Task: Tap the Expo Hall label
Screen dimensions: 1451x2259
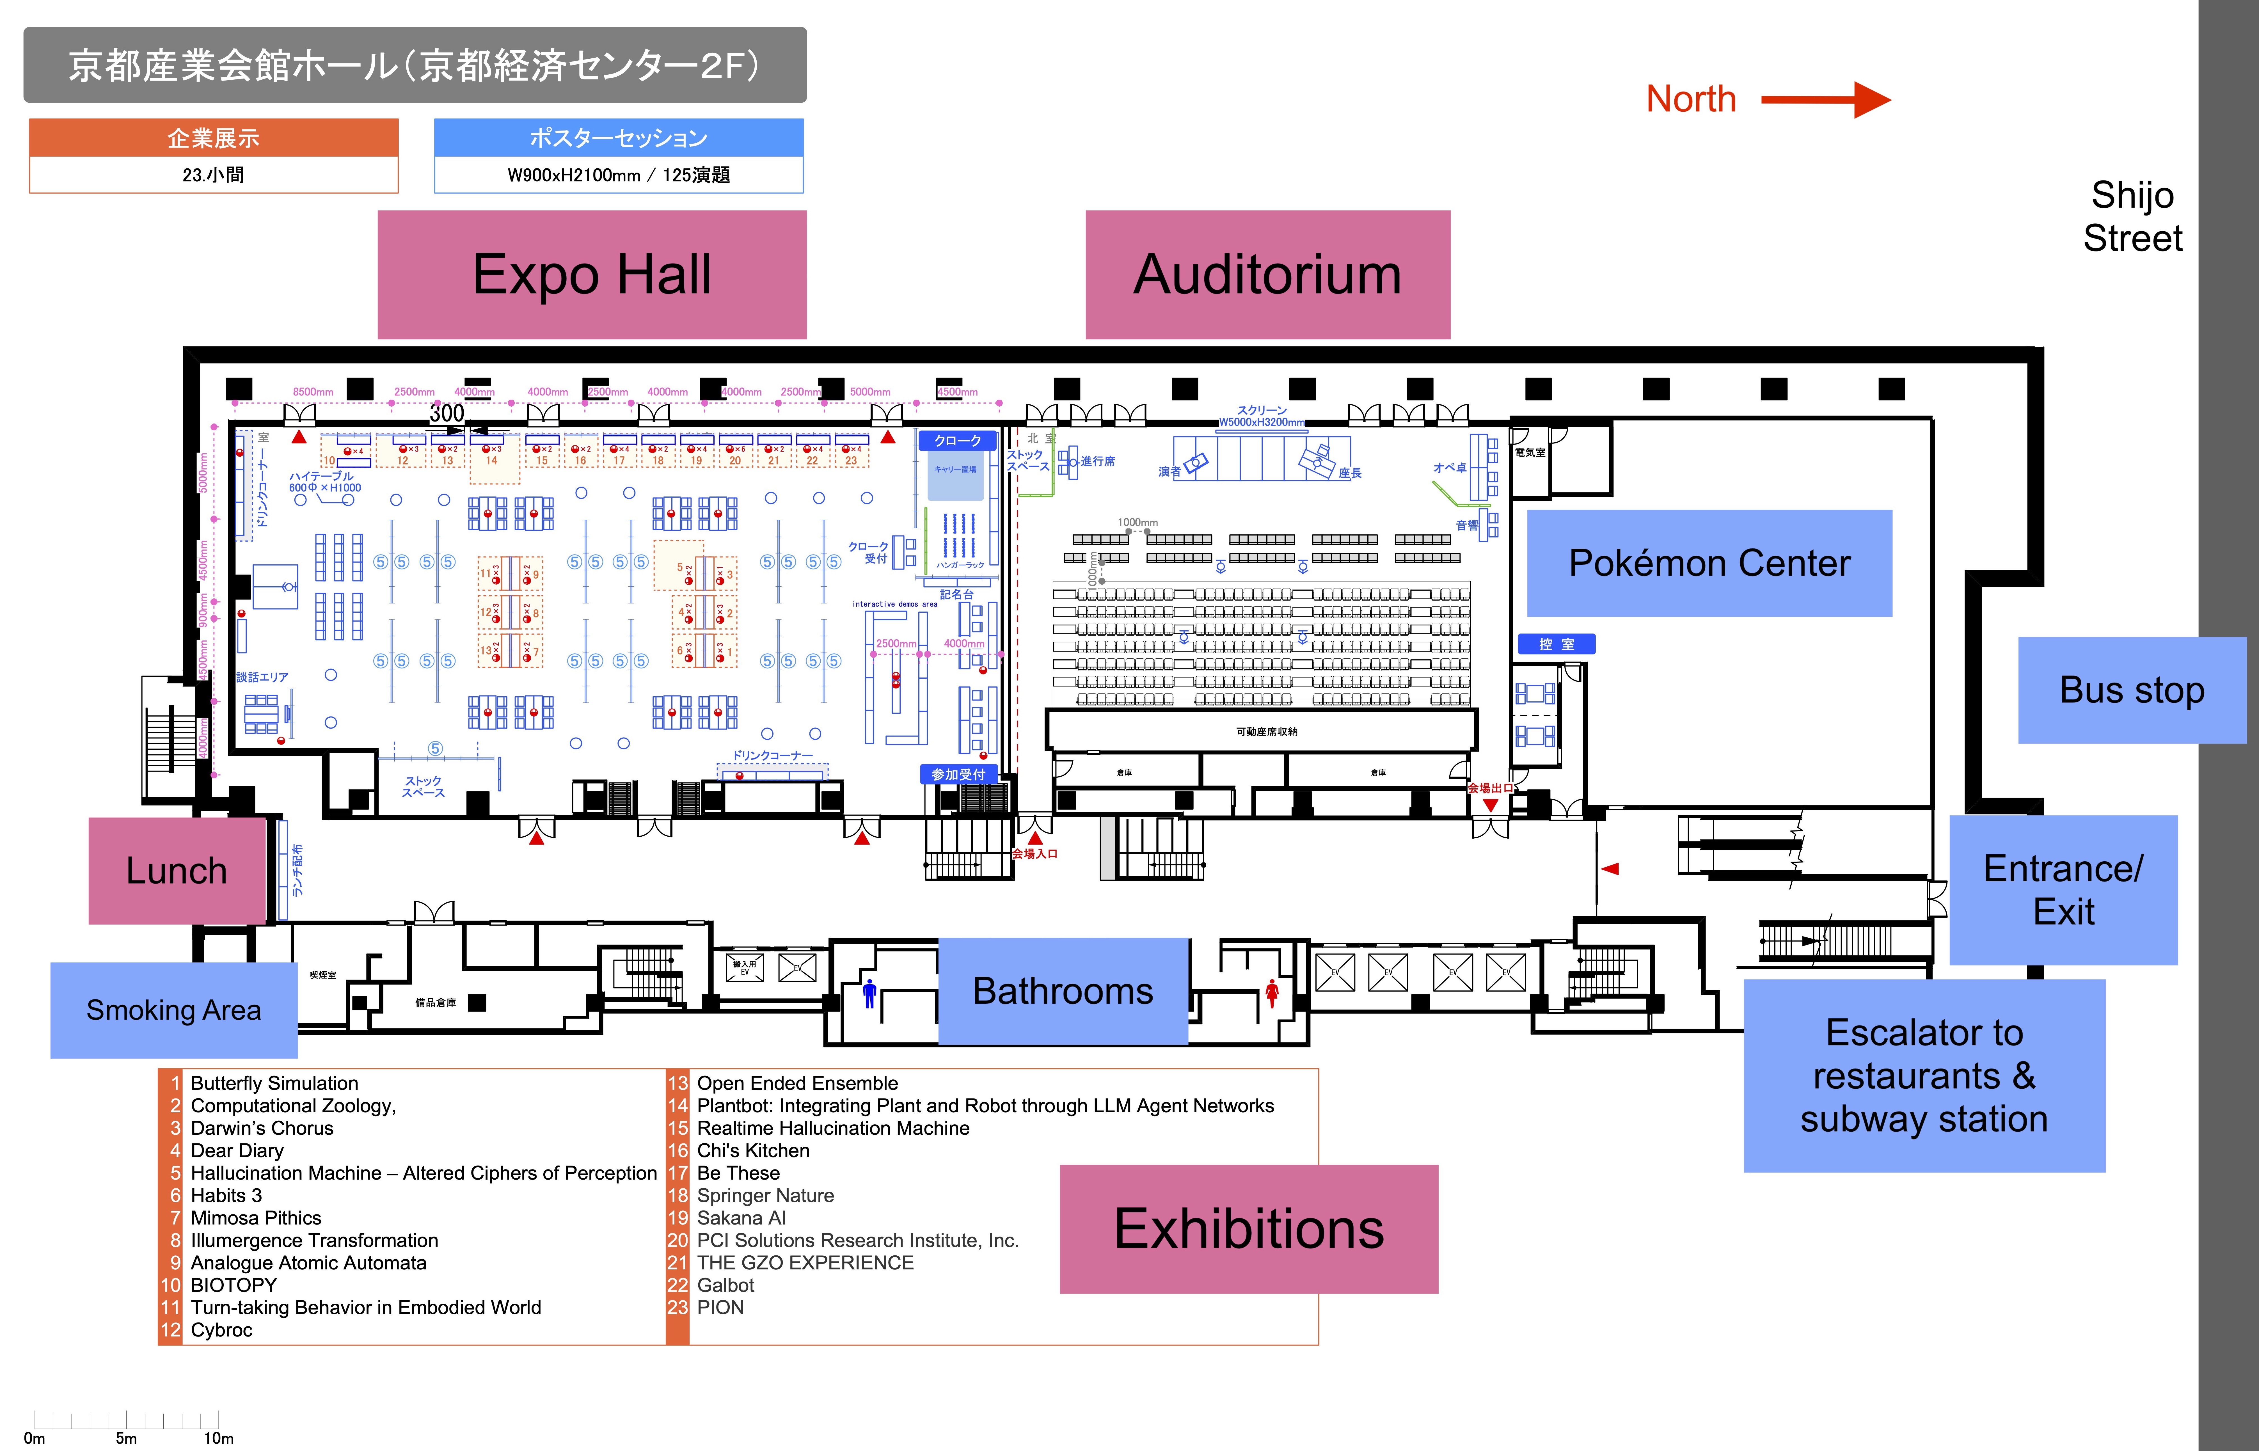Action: click(x=592, y=274)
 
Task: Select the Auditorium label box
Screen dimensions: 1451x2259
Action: click(x=1267, y=274)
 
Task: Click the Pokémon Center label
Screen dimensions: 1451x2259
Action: click(x=1709, y=564)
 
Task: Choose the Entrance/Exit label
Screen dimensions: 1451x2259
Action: click(x=2063, y=889)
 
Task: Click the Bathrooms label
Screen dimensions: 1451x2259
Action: click(x=1063, y=991)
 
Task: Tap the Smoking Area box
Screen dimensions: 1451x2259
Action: click(x=173, y=1010)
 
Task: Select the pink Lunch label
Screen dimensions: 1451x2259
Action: click(x=177, y=871)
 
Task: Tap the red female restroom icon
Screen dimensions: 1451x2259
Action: click(x=1272, y=993)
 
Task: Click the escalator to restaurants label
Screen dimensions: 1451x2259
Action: click(x=1924, y=1076)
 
